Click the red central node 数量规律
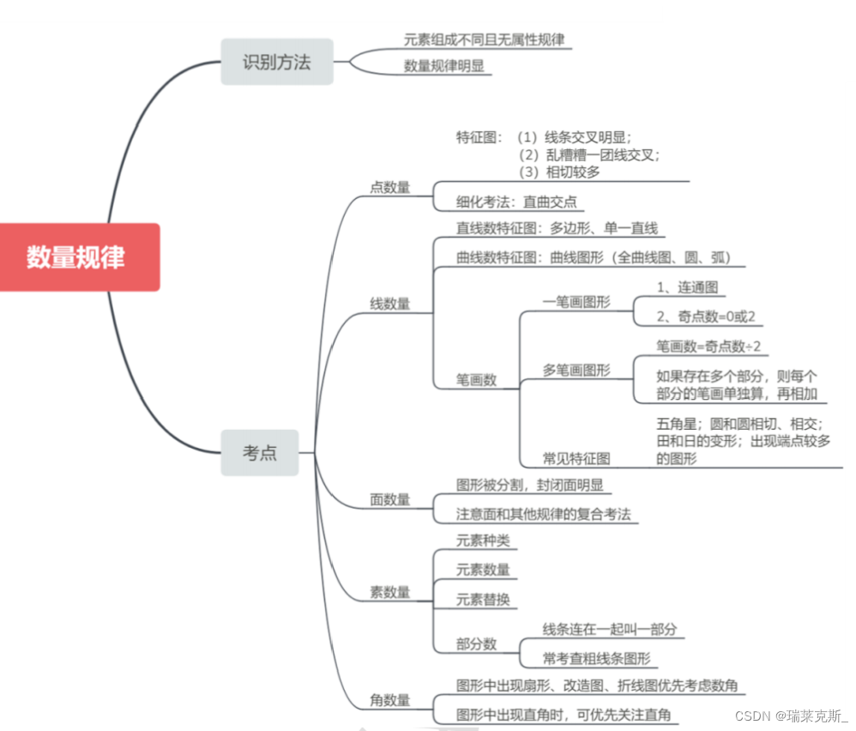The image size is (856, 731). tap(75, 257)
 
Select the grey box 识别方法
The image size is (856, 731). tap(276, 62)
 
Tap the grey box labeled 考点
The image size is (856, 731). tap(259, 452)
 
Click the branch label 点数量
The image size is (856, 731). tap(389, 187)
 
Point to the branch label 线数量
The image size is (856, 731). tap(389, 303)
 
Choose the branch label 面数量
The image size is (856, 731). tap(389, 499)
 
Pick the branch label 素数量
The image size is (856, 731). tap(389, 592)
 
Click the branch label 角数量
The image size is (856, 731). tap(389, 700)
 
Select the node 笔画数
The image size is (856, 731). tap(476, 379)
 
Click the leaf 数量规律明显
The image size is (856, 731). tap(447, 65)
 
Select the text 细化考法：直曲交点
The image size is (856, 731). tap(517, 202)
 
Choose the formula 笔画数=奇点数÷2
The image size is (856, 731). tap(708, 346)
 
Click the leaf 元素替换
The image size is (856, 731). tap(483, 599)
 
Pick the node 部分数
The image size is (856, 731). tap(476, 643)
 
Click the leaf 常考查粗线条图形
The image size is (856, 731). tap(596, 658)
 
